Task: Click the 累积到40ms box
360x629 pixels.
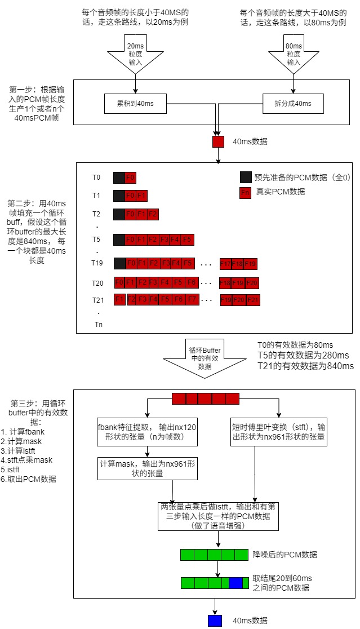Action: (x=136, y=103)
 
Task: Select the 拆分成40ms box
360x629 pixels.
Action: (x=292, y=103)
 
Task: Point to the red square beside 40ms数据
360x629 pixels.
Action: (x=218, y=142)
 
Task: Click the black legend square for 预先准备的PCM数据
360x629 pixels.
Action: (x=245, y=176)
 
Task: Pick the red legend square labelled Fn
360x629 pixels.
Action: (x=245, y=192)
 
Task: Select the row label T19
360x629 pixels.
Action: (x=98, y=263)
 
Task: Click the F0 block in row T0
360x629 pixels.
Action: (x=131, y=178)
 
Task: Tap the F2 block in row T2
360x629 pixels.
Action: (x=153, y=214)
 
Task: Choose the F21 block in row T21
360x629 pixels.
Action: (x=253, y=299)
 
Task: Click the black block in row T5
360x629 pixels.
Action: (x=119, y=239)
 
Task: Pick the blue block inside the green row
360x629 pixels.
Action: (x=235, y=583)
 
